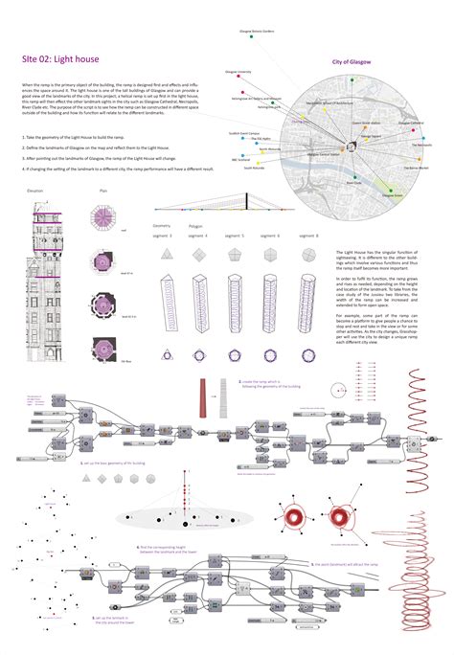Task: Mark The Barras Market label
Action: [x=418, y=167]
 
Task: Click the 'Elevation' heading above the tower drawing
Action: [x=35, y=191]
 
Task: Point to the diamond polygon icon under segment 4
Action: [x=200, y=253]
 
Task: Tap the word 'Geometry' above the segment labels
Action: [x=161, y=226]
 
